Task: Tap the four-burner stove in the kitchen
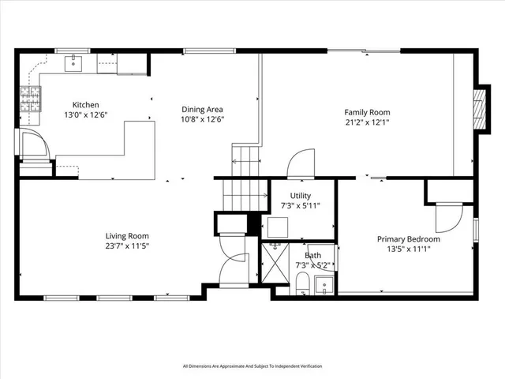(x=29, y=100)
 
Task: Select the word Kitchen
(x=86, y=105)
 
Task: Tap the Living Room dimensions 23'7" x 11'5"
(x=128, y=246)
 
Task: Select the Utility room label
(x=301, y=196)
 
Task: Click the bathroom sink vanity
(x=323, y=283)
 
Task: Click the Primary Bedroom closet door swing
(x=447, y=218)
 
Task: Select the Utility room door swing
(x=301, y=163)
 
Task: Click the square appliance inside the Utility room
(x=277, y=227)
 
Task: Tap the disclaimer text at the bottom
(x=252, y=366)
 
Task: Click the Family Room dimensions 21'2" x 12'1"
(x=367, y=122)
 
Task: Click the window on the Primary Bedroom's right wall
(x=476, y=229)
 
